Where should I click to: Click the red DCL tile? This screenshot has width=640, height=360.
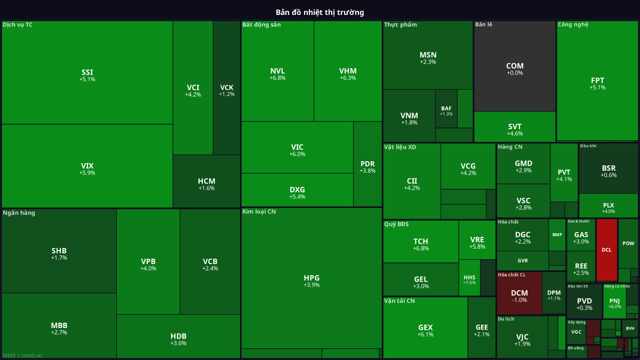point(606,250)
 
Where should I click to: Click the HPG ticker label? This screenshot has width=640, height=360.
point(311,278)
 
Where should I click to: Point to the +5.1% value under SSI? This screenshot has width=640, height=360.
point(87,79)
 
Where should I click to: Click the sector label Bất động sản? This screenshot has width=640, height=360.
point(261,25)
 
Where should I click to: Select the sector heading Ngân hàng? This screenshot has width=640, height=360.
point(19,213)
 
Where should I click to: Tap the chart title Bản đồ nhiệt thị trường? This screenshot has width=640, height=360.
point(320,12)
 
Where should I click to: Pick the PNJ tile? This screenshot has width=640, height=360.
point(614,301)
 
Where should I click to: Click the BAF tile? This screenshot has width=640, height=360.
point(446,109)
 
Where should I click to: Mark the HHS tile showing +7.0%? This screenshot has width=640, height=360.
point(469,278)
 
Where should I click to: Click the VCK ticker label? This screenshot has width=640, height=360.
point(227,87)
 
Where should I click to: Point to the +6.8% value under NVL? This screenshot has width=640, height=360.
point(277,78)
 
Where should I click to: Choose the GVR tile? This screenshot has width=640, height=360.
point(523,261)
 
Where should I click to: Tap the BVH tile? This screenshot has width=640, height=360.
point(630,329)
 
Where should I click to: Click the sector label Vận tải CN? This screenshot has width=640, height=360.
point(399,301)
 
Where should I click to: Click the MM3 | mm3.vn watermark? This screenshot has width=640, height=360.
point(22,355)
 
